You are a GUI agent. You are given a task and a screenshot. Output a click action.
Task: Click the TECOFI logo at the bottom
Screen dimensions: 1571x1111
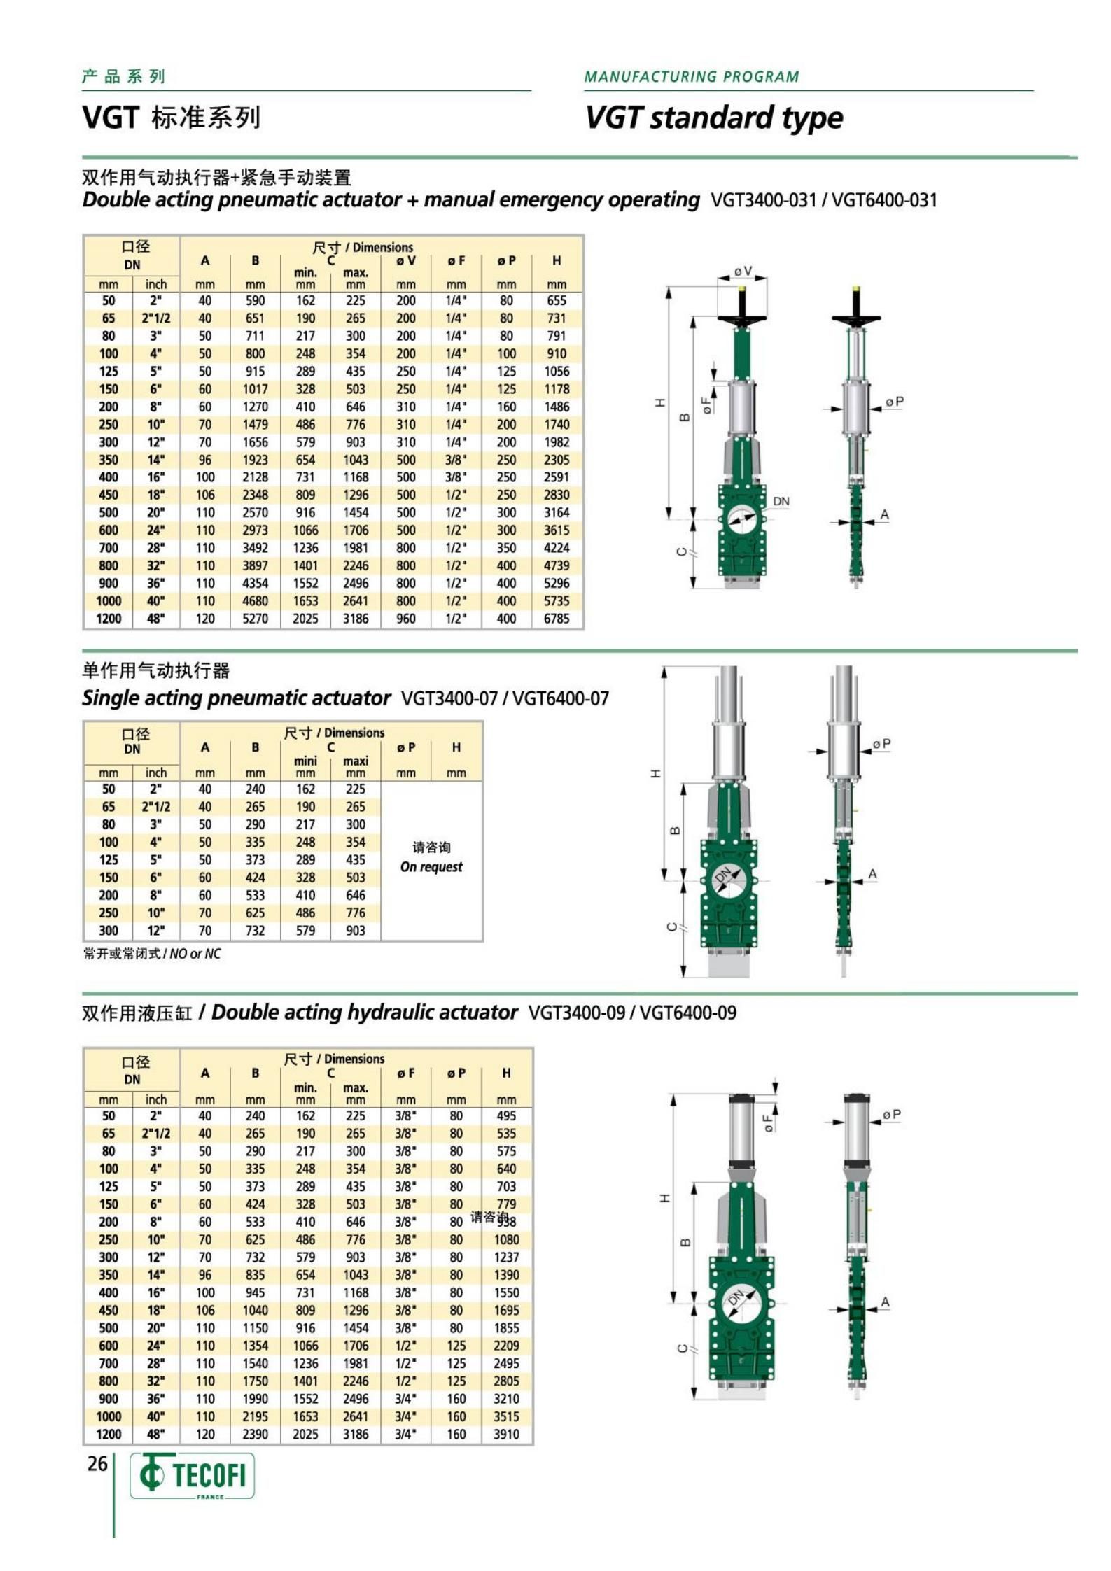tap(192, 1475)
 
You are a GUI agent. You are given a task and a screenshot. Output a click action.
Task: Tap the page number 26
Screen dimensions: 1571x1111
tap(97, 1463)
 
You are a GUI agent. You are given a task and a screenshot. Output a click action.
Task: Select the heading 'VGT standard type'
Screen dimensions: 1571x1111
tap(713, 117)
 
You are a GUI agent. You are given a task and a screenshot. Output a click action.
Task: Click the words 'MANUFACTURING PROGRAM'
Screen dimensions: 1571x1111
tap(691, 77)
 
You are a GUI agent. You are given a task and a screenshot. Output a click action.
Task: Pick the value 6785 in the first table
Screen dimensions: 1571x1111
tap(557, 619)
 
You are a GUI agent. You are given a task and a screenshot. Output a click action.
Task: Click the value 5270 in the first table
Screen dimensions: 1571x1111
tap(255, 619)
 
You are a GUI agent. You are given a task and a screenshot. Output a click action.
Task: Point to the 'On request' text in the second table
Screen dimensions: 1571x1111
tap(431, 866)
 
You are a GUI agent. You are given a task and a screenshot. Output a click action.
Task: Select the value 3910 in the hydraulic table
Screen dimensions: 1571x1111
tap(506, 1434)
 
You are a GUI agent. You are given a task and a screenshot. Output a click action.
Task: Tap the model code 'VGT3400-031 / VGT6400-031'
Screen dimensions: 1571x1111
tap(823, 200)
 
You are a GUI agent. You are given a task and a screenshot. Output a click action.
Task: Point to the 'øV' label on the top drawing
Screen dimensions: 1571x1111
tap(743, 271)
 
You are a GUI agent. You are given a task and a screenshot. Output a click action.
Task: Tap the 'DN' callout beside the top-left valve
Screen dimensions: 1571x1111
tap(781, 501)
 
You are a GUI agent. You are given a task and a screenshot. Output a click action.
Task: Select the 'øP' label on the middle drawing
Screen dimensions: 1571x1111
tap(881, 743)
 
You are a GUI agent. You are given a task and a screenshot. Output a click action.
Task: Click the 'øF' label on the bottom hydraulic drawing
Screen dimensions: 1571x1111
tap(768, 1123)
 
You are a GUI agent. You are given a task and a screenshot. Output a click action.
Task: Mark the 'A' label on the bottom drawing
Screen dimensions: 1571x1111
tap(885, 1302)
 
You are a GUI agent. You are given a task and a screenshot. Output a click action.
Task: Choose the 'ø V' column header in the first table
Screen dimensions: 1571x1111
tap(406, 261)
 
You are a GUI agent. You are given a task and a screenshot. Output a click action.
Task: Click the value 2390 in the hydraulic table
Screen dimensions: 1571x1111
tap(255, 1434)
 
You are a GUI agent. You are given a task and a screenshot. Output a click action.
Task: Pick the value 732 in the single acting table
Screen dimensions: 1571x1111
tap(255, 930)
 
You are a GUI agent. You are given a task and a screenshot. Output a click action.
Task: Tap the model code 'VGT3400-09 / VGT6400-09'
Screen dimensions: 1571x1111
tap(632, 1013)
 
